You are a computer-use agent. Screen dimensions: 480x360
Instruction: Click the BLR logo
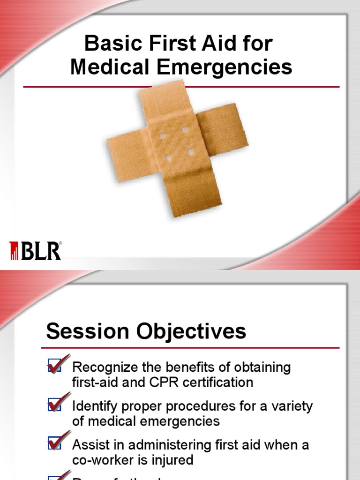[35, 251]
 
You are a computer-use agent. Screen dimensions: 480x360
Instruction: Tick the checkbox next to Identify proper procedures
[54, 406]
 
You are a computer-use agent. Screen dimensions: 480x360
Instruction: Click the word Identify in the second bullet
[94, 406]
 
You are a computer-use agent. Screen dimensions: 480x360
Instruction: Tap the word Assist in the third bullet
[89, 445]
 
